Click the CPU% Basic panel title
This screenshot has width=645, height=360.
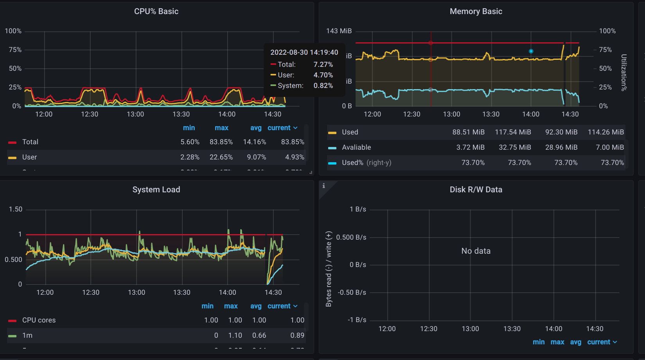pyautogui.click(x=156, y=11)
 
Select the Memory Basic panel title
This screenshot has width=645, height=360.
pyautogui.click(x=476, y=11)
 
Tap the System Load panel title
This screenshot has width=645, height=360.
pyautogui.click(x=156, y=190)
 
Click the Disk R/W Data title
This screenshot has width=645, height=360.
pyautogui.click(x=476, y=190)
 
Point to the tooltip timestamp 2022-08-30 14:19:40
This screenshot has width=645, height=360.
pyautogui.click(x=304, y=52)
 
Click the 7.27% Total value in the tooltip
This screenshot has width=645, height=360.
pyautogui.click(x=323, y=64)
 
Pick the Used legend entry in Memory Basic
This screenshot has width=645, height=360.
pyautogui.click(x=350, y=132)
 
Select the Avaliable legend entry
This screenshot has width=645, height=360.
pyautogui.click(x=356, y=147)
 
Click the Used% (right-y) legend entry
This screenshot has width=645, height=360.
pyautogui.click(x=366, y=163)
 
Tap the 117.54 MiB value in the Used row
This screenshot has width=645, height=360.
pyautogui.click(x=513, y=132)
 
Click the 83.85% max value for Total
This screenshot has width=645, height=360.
pyautogui.click(x=221, y=142)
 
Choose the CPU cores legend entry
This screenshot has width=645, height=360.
pyautogui.click(x=39, y=320)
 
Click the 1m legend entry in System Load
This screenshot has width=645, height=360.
pyautogui.click(x=27, y=335)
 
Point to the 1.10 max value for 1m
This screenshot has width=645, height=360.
pyautogui.click(x=235, y=335)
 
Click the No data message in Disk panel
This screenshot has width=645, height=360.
pyautogui.click(x=476, y=251)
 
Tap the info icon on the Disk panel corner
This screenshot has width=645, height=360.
pyautogui.click(x=324, y=186)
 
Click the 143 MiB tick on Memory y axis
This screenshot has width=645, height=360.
pyautogui.click(x=339, y=31)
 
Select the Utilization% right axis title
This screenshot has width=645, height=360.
pyautogui.click(x=624, y=73)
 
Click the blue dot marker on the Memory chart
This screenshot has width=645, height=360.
pyautogui.click(x=531, y=51)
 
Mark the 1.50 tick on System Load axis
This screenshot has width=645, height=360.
pyautogui.click(x=16, y=209)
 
